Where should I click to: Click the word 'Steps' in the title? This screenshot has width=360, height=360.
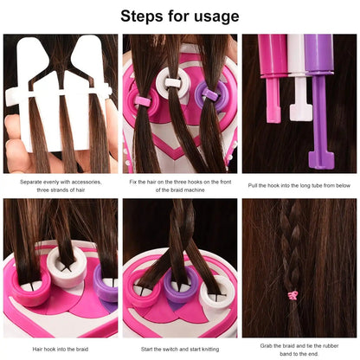pos(145,16)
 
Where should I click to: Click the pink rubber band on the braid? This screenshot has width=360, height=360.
pos(292,295)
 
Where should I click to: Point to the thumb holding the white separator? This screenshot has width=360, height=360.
pos(15,143)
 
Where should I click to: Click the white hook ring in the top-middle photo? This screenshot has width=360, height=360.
pos(175,84)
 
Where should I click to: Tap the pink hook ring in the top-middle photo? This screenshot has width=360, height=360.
pos(141,100)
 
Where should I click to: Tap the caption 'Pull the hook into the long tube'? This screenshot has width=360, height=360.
pos(299,185)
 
